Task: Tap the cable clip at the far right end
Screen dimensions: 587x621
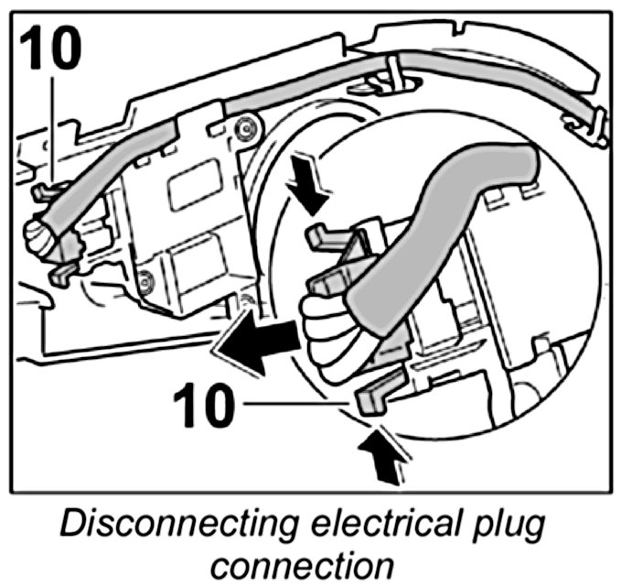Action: [x=594, y=123]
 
